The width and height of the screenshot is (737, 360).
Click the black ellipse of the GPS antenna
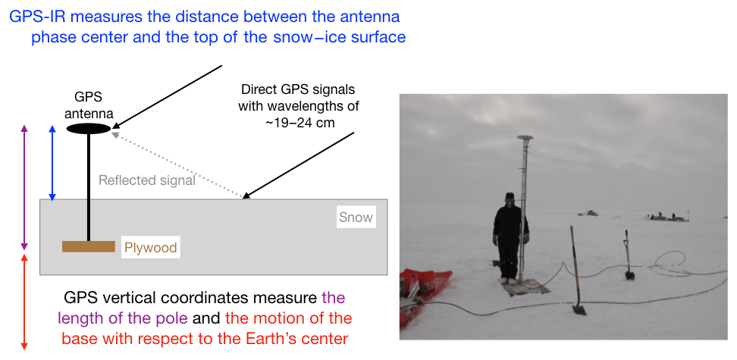(x=89, y=128)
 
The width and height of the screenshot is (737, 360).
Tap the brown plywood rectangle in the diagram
(x=89, y=246)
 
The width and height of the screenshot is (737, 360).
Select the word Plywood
(x=150, y=248)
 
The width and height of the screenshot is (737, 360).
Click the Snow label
(x=356, y=217)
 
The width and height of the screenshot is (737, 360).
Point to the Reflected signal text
(x=146, y=180)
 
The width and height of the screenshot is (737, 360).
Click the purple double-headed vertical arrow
(x=25, y=188)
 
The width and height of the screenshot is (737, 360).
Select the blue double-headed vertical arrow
(x=52, y=163)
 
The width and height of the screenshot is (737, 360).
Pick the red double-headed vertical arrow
(x=25, y=302)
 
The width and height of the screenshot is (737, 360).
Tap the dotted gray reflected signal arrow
(x=177, y=164)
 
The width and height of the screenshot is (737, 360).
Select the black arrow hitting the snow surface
(x=298, y=165)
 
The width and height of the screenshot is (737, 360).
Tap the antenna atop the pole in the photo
(x=525, y=138)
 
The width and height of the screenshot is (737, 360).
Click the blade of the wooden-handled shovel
(x=579, y=309)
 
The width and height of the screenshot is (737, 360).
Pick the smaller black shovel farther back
(x=628, y=255)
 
